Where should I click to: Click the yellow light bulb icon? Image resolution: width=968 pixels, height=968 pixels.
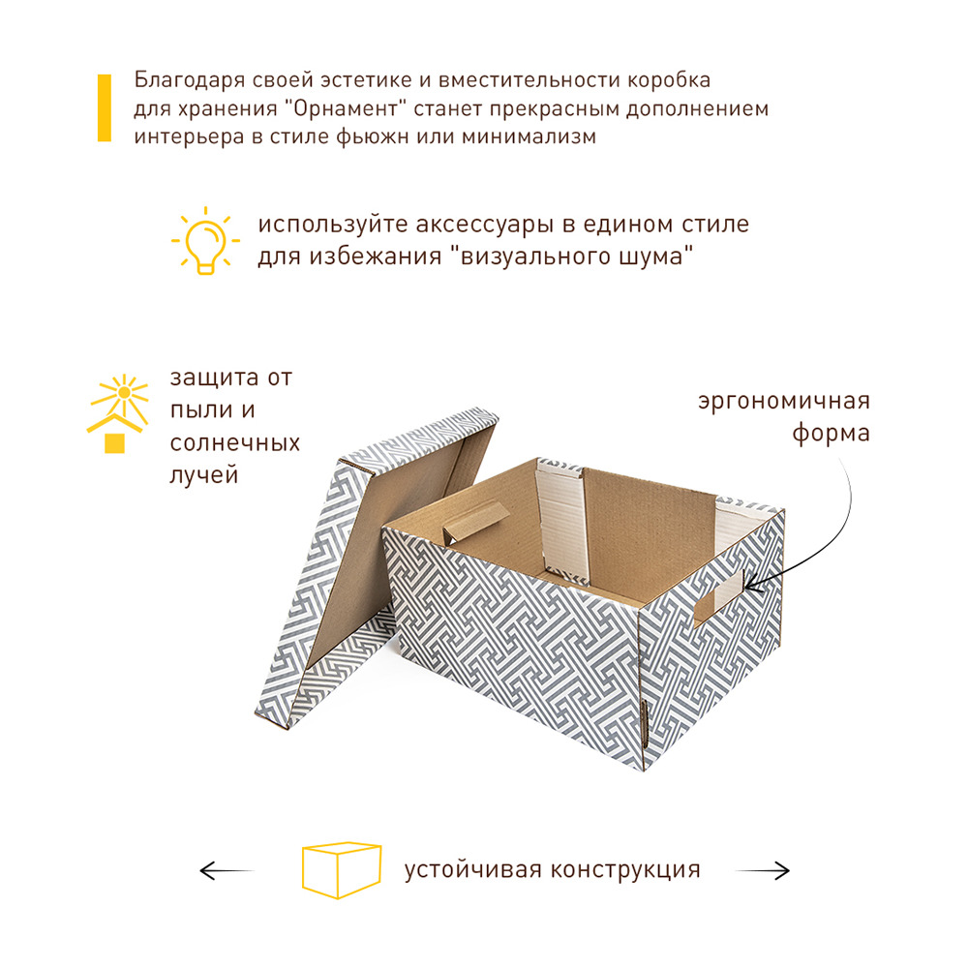click(205, 241)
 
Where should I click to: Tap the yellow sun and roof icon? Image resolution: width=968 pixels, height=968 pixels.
click(118, 413)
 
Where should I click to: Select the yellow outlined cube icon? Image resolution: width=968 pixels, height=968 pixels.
click(342, 870)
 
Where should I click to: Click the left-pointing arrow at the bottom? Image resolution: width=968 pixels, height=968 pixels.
click(226, 870)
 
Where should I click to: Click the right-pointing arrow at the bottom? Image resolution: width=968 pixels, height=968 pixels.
click(763, 870)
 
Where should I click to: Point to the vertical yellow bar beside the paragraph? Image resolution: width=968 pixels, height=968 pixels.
click(105, 108)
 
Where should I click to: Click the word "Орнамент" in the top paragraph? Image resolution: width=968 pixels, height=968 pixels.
click(346, 108)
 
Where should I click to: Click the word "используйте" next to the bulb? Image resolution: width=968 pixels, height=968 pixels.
click(332, 225)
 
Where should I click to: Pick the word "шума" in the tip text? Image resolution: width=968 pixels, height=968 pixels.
click(656, 257)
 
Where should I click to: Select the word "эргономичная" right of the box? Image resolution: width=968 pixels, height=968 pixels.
click(784, 402)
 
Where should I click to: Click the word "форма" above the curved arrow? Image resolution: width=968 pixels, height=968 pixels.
click(831, 434)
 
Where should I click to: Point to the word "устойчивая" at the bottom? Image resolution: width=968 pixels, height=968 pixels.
click(473, 870)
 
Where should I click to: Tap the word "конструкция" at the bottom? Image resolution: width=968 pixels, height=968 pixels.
click(625, 870)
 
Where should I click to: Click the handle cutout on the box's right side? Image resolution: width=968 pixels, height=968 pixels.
click(718, 597)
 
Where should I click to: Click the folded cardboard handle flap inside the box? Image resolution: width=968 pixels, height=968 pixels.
click(476, 522)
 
